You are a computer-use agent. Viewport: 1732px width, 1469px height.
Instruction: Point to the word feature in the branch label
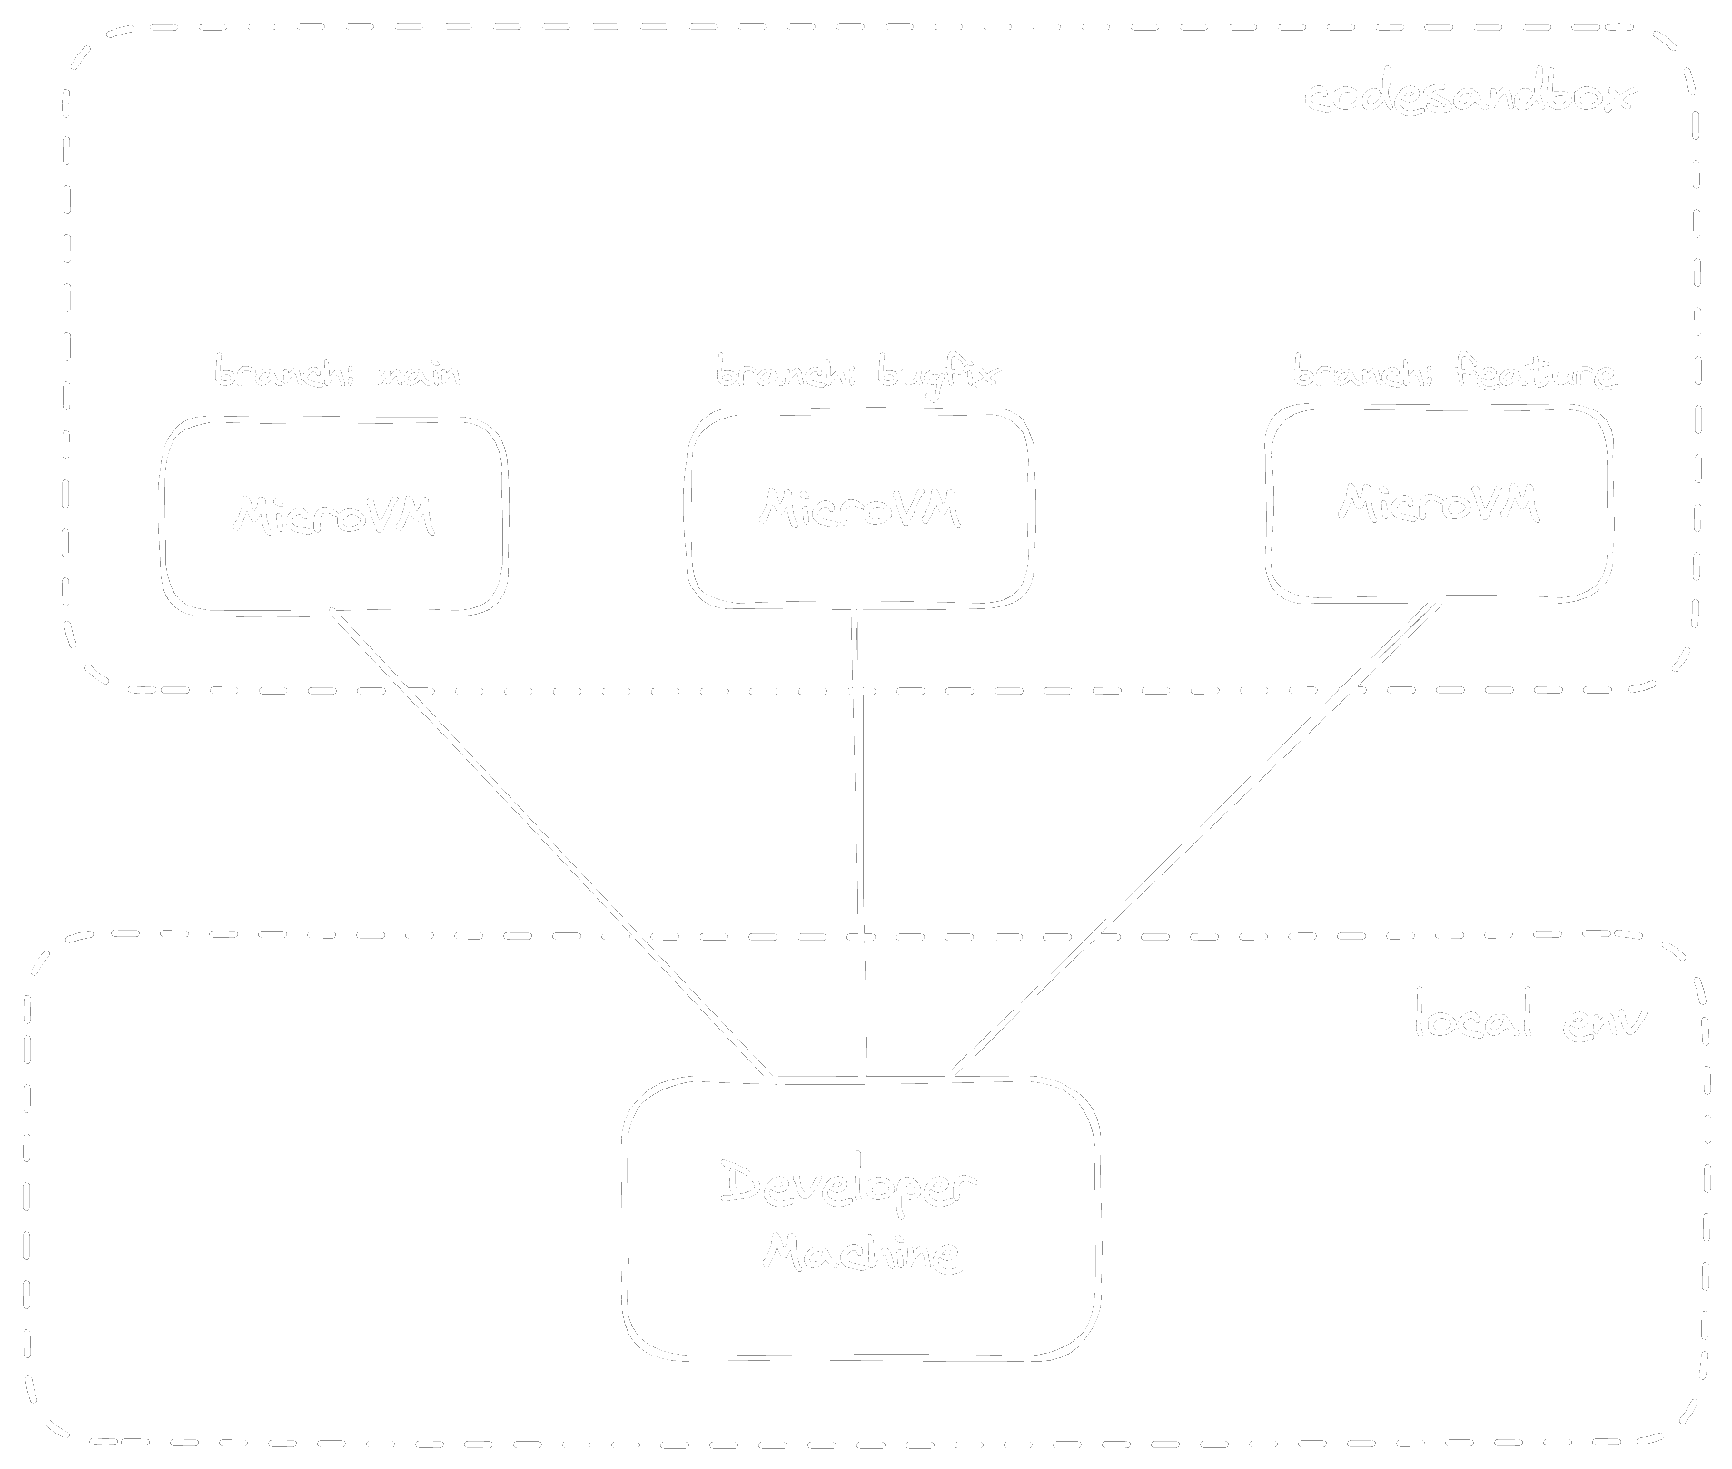click(1534, 372)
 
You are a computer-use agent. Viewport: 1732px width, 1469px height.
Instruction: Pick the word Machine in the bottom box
click(862, 1254)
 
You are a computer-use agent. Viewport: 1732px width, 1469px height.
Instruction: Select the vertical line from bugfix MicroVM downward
click(859, 844)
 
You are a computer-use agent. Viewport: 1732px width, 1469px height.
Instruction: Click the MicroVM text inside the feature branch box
click(1439, 502)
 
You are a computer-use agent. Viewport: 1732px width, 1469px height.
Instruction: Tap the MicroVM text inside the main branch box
click(333, 515)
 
